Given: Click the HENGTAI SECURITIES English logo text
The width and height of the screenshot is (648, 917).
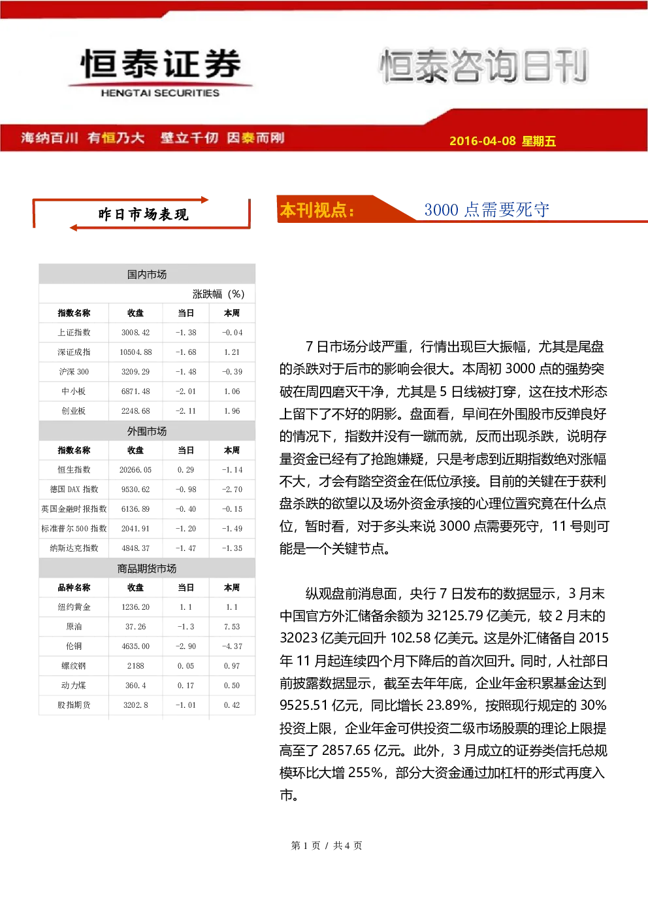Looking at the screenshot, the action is (160, 93).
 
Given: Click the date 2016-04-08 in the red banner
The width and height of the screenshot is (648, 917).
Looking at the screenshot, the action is (483, 141).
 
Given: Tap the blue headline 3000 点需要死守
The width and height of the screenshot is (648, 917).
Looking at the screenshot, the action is (487, 210).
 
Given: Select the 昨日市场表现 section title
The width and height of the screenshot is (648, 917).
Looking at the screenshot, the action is (143, 214).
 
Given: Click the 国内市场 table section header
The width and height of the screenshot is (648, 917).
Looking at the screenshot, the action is (147, 275).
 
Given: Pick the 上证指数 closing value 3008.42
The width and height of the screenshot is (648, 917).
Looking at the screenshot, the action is (135, 333).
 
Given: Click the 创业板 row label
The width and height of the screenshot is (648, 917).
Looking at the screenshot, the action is (74, 410).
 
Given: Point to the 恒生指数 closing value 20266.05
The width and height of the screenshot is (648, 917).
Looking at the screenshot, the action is (135, 469).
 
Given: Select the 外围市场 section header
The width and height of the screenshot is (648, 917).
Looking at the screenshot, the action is (147, 431).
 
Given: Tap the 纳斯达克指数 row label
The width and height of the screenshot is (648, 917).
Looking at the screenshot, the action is (74, 548).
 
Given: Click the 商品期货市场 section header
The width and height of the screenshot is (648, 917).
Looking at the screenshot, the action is (147, 568).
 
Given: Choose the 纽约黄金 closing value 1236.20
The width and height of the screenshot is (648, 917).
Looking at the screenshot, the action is (135, 607).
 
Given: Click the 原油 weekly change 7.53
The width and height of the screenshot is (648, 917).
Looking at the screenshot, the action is (232, 626).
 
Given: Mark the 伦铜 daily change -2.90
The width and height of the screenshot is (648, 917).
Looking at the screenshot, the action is (186, 646).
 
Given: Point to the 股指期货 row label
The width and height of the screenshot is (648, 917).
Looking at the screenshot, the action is (74, 705).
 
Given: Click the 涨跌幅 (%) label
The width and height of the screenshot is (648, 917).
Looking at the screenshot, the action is (218, 294).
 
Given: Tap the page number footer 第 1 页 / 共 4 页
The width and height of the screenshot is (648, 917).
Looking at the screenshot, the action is (326, 845).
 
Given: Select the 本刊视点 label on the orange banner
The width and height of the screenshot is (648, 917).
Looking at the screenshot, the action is (317, 210).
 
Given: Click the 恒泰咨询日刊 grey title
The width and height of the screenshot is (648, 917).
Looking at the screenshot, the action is (484, 65).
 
